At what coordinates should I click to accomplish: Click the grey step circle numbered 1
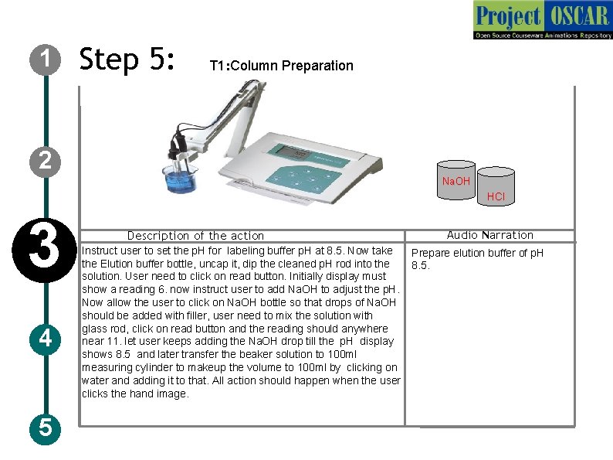pyautogui.click(x=46, y=60)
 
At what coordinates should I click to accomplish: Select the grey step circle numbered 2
pyautogui.click(x=46, y=162)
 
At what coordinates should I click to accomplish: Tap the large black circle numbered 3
pyautogui.click(x=44, y=250)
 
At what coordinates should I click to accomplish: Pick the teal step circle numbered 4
pyautogui.click(x=46, y=339)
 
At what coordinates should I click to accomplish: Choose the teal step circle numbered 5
pyautogui.click(x=46, y=428)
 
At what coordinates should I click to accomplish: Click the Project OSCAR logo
pyautogui.click(x=543, y=20)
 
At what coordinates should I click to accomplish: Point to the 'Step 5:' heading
pyautogui.click(x=127, y=60)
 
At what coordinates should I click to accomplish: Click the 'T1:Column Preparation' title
pyautogui.click(x=282, y=66)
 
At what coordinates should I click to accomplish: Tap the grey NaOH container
pyautogui.click(x=456, y=180)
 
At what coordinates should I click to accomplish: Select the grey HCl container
pyautogui.click(x=496, y=186)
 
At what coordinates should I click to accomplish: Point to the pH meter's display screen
pyautogui.click(x=291, y=152)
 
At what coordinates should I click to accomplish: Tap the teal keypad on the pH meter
pyautogui.click(x=303, y=179)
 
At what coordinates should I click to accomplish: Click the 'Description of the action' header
pyautogui.click(x=195, y=236)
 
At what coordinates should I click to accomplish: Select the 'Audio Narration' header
pyautogui.click(x=489, y=235)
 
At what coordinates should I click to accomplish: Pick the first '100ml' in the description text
pyautogui.click(x=342, y=354)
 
